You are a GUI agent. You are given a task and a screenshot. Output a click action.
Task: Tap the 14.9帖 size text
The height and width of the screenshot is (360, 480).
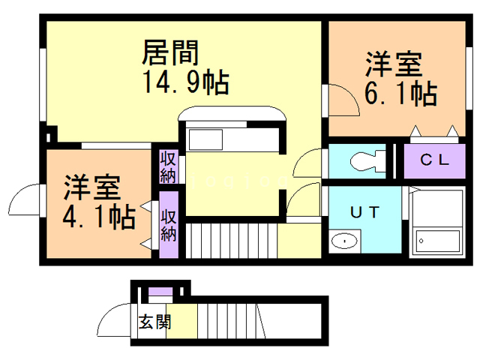click(185, 80)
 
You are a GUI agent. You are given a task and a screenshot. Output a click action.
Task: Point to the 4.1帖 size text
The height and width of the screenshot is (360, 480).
click(98, 217)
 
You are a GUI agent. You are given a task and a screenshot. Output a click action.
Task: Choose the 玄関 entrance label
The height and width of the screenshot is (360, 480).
click(154, 322)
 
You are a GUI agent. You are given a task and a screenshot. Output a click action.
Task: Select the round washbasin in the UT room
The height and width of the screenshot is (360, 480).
click(345, 241)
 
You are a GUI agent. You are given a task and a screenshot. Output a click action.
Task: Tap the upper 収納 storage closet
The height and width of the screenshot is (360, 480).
click(168, 167)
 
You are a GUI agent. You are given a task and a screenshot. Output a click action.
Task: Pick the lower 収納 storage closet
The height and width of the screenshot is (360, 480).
click(169, 225)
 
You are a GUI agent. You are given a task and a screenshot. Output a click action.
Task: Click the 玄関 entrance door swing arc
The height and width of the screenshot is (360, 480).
click(112, 321)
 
